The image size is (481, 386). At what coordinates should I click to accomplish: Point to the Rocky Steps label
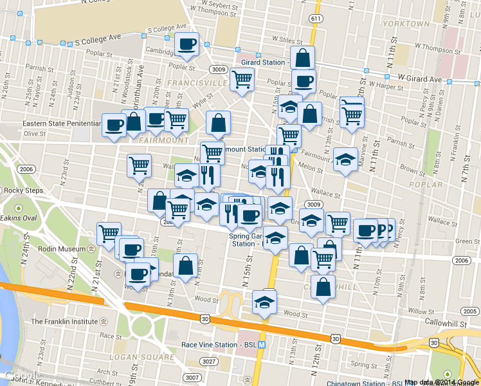pyautogui.click(x=23, y=190)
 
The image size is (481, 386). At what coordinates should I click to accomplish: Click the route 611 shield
pyautogui.click(x=315, y=19)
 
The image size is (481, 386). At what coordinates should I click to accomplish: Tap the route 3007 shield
pyautogui.click(x=192, y=378)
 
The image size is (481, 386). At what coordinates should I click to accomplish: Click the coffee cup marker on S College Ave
pyautogui.click(x=186, y=44)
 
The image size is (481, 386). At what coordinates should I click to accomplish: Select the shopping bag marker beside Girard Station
pyautogui.click(x=302, y=58)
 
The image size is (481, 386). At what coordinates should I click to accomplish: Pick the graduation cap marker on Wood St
pyautogui.click(x=264, y=302)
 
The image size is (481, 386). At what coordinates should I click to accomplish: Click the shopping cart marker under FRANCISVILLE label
pyautogui.click(x=242, y=80)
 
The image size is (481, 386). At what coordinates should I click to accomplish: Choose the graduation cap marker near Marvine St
pyautogui.click(x=345, y=160)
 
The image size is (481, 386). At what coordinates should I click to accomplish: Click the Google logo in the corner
pyautogui.click(x=23, y=376)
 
